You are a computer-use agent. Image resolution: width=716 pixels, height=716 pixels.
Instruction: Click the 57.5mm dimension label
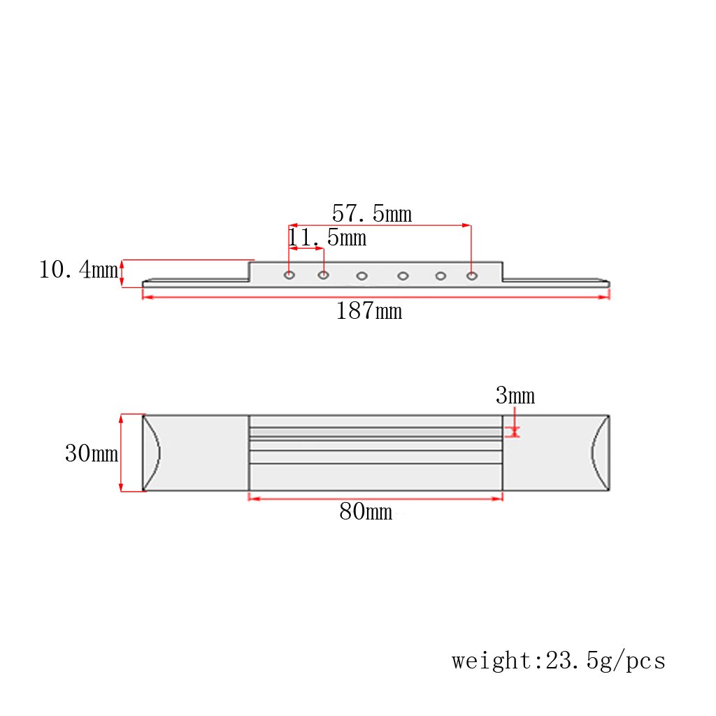[372, 213]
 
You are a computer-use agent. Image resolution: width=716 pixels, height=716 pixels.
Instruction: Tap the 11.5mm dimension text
[327, 238]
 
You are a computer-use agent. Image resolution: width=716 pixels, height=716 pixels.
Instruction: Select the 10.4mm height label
[78, 269]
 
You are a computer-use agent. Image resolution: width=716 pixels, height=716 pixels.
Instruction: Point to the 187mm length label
[369, 310]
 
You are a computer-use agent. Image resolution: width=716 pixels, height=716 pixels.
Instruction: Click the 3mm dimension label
[515, 395]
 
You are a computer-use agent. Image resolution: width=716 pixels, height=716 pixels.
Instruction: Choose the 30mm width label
[92, 453]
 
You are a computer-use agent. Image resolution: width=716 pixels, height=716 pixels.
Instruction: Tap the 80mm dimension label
[366, 511]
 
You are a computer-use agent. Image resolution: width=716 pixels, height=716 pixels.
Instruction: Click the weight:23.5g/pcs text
[559, 660]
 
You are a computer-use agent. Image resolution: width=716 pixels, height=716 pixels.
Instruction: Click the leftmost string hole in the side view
[289, 275]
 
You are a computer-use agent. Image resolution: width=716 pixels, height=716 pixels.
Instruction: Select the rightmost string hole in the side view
[472, 275]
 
